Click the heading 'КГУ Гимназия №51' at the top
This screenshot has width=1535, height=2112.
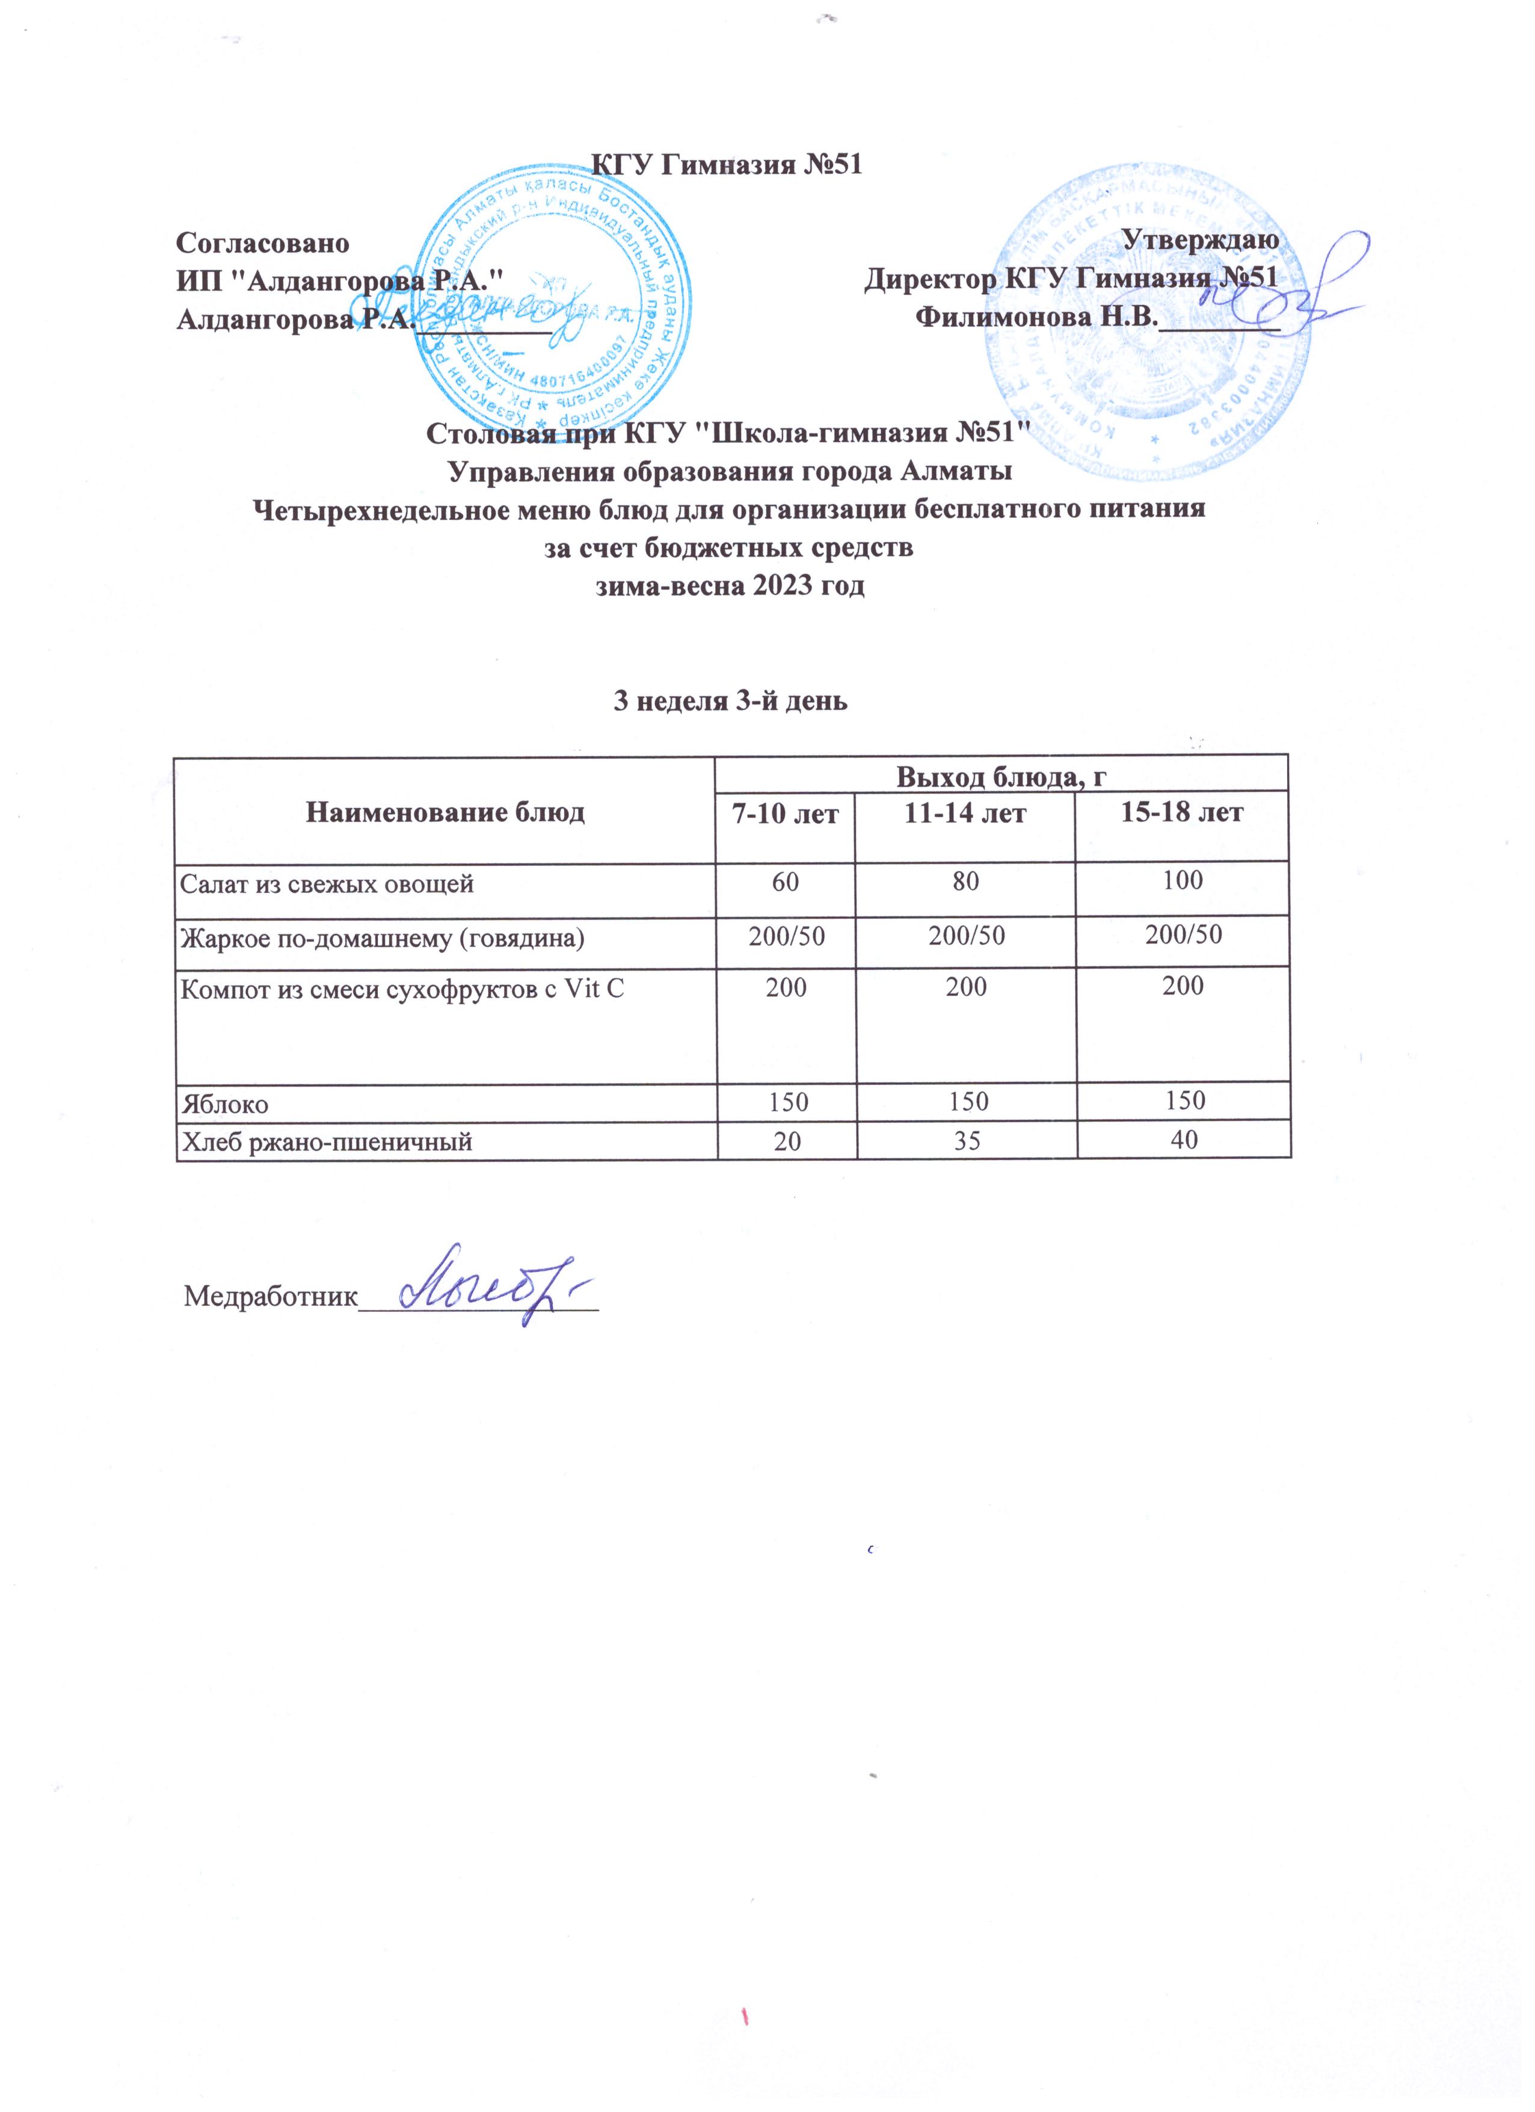point(728,165)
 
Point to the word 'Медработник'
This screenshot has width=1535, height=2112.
point(271,1296)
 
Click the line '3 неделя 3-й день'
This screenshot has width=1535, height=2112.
point(729,700)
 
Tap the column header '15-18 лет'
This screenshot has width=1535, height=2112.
point(1182,812)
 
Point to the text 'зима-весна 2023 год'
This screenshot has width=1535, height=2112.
point(730,587)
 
